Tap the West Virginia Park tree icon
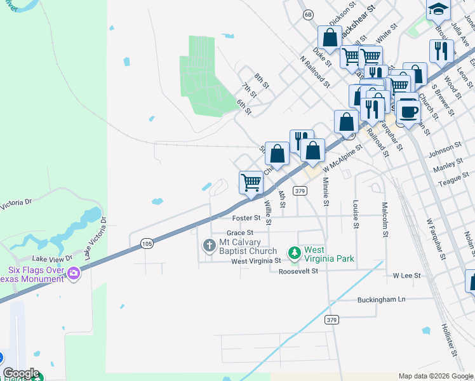pos(293,254)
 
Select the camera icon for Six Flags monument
pos(74,274)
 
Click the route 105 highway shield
pos(147,243)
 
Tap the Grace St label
pos(240,232)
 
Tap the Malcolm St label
pos(384,220)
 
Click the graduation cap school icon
pos(438,10)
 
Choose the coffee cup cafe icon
pos(408,110)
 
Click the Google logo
pos(21,373)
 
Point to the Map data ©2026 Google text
pos(436,376)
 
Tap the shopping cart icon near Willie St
pos(251,183)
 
